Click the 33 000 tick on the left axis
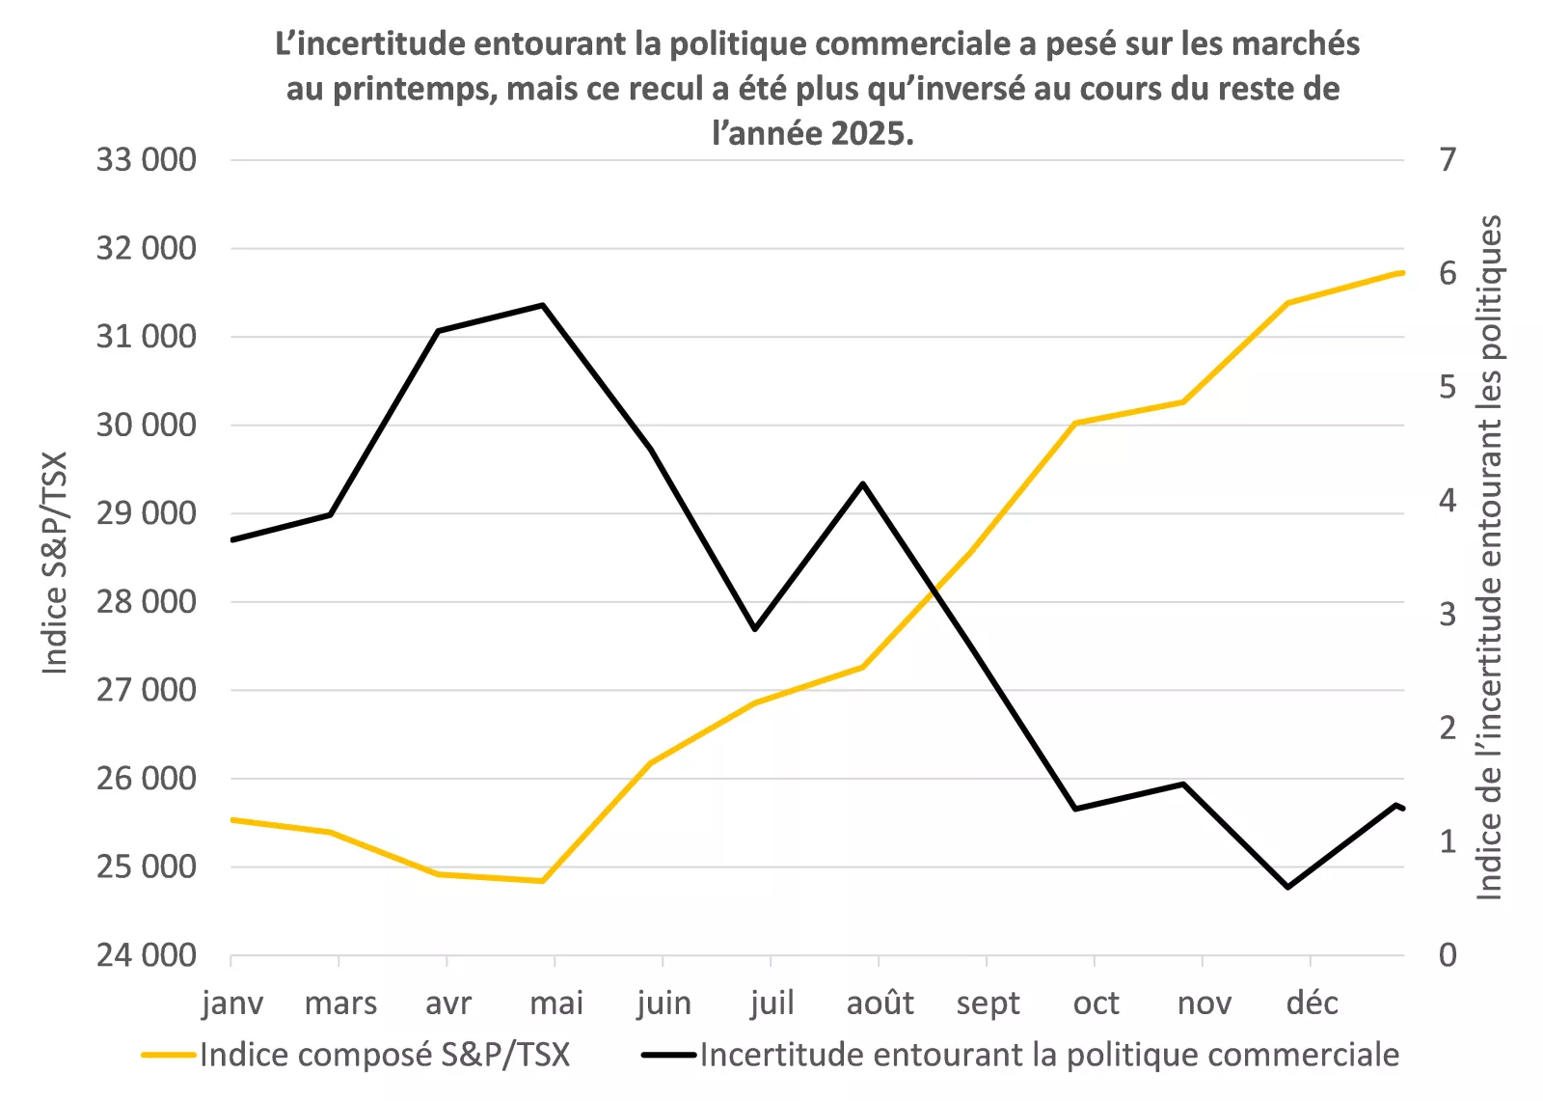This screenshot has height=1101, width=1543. [146, 160]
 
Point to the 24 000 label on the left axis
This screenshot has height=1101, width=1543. [146, 955]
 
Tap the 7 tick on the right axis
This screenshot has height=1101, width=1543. [1448, 160]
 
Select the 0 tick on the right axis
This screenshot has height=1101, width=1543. [1448, 955]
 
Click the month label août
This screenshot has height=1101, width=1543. [880, 1004]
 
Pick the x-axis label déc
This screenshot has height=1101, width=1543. [1312, 1004]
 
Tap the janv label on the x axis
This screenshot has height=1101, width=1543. [232, 1004]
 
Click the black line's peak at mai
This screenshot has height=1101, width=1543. [543, 305]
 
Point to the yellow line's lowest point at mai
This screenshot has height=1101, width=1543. [543, 881]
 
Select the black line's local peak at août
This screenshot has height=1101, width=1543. [863, 483]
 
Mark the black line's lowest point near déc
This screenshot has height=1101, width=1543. [1288, 887]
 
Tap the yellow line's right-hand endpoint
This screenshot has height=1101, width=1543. [1402, 273]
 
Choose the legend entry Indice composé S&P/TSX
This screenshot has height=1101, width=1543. [384, 1055]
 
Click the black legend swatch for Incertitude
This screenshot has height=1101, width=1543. [668, 1055]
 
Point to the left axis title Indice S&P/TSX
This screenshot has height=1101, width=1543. [55, 563]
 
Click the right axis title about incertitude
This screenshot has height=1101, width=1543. [1490, 558]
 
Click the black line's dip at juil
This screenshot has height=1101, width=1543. [755, 629]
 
